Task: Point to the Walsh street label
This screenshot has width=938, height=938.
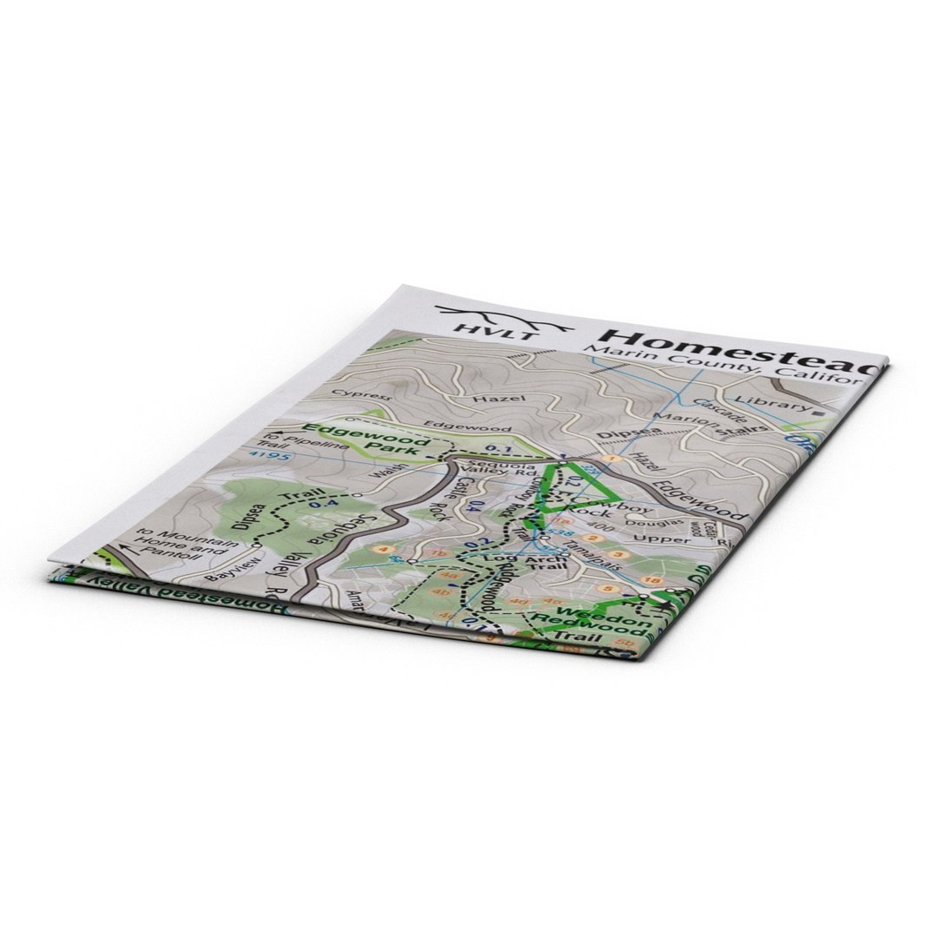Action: (x=380, y=473)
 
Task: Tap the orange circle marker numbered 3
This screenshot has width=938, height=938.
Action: (x=618, y=555)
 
